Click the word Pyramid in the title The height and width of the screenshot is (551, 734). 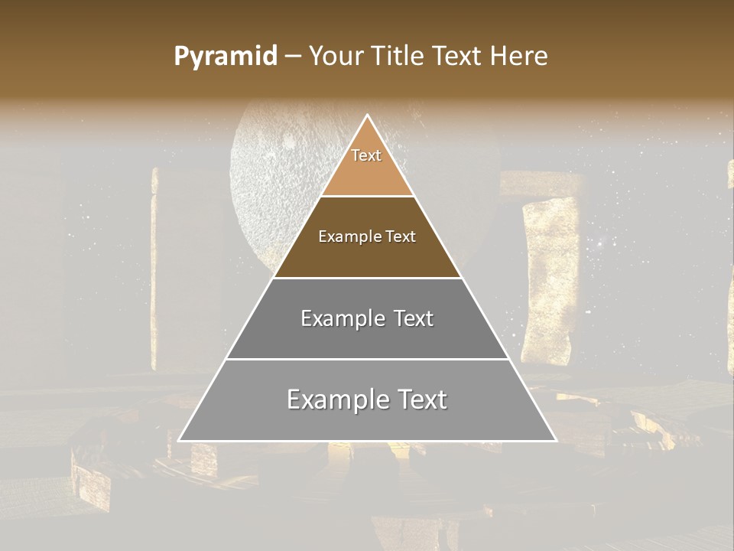[225, 57]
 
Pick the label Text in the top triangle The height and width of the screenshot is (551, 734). [366, 155]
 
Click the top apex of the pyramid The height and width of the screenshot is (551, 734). [368, 116]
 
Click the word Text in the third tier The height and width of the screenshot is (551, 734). [413, 318]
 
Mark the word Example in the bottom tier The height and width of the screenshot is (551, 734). [331, 399]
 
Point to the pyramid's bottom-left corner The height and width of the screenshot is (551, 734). [180, 440]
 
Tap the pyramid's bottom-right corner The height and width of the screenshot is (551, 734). [556, 440]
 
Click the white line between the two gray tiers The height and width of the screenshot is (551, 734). [368, 359]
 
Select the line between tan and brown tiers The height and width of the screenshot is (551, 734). [368, 197]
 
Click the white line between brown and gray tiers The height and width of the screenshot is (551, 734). [368, 278]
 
